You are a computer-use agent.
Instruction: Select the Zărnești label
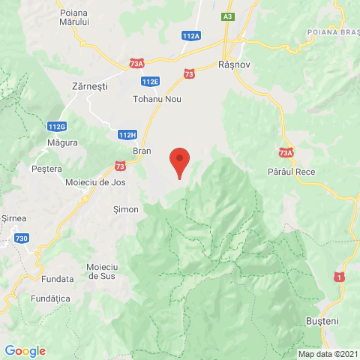coord(88,86)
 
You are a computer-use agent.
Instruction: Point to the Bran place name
coord(142,151)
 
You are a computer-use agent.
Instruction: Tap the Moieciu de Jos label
coord(95,182)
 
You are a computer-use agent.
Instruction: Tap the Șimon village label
coord(124,209)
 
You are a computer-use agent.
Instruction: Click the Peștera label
coord(46,169)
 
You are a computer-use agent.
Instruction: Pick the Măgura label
coord(63,142)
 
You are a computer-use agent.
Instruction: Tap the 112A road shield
coord(191,35)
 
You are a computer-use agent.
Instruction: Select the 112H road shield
coord(127,134)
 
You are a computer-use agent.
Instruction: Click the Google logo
coord(25,350)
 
